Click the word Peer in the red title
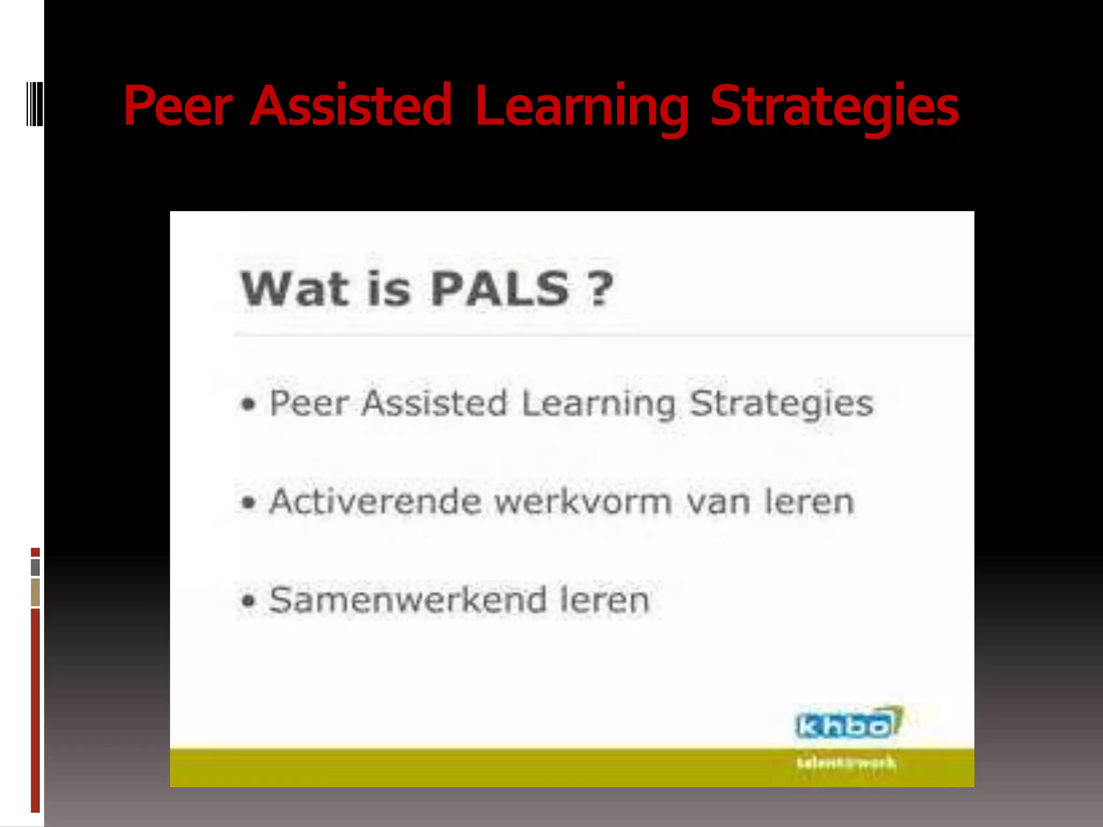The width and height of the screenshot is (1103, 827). pos(178,106)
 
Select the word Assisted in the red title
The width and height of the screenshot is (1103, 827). pos(351,106)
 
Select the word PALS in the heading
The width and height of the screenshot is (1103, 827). pos(499,289)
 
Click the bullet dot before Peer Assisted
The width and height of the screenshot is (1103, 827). pos(248,404)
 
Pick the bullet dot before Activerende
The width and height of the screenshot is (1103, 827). pos(248,503)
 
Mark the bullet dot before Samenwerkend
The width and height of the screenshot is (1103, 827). pos(248,601)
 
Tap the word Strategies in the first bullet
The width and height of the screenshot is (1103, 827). pos(781,404)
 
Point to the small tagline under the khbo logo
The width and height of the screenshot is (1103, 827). pos(846,763)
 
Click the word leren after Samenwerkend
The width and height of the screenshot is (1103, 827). pos(605,600)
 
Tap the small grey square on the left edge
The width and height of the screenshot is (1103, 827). pos(36,567)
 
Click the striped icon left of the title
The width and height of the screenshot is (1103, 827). pos(34,103)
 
